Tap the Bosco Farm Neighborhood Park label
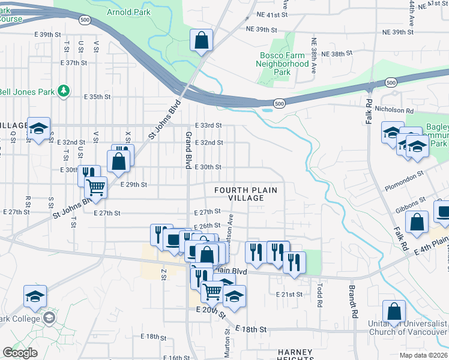tap(283, 63)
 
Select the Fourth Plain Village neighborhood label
tap(246, 194)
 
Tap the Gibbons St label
tap(410, 203)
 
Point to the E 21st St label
tap(291, 294)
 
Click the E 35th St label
tap(97, 96)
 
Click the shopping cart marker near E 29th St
tap(96, 187)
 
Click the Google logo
tap(20, 353)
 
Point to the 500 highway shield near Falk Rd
tap(391, 82)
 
